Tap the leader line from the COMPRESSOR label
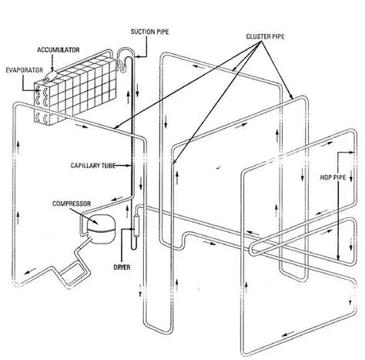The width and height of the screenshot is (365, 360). click(x=85, y=212)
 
